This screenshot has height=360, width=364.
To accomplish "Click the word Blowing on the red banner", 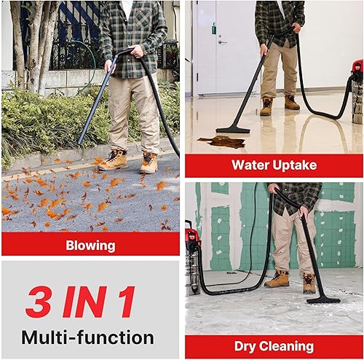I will click(x=90, y=245).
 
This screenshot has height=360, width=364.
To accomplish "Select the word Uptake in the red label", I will click(x=296, y=165).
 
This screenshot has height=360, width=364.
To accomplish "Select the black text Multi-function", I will click(x=87, y=337).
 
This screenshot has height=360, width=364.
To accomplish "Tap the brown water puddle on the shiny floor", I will click(x=221, y=141).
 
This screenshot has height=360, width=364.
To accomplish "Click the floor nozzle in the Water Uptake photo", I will click(x=234, y=129).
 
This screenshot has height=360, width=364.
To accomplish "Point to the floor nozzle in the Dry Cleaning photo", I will click(x=323, y=299).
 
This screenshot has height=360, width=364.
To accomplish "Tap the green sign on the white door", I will click(x=213, y=30).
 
